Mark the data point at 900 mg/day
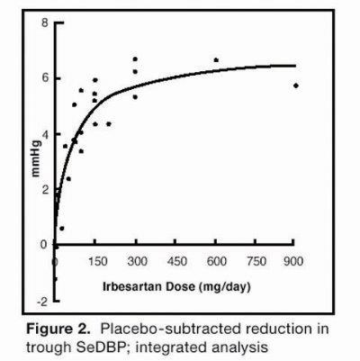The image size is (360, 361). [296, 86]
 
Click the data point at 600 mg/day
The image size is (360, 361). [216, 60]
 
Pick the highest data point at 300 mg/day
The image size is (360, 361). [135, 59]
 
